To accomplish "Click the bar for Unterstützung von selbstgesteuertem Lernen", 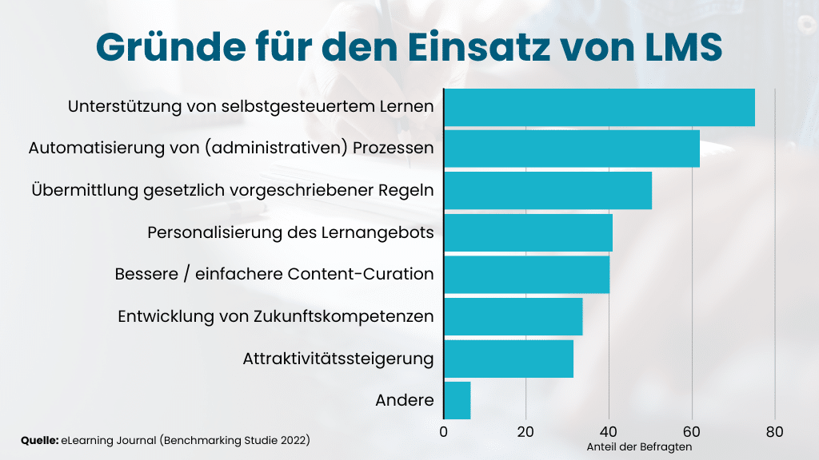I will (x=599, y=107).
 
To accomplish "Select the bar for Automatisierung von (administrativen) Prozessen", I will (x=572, y=149).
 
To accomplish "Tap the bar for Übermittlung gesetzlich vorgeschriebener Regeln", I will (x=548, y=190).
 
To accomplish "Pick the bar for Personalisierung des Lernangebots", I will (x=528, y=232).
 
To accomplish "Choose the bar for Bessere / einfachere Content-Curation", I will (x=526, y=274).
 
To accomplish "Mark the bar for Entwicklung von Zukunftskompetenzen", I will (x=513, y=316).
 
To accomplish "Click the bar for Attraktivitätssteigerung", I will (x=509, y=359).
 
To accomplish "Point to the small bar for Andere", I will (x=457, y=400).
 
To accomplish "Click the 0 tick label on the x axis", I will (x=444, y=432).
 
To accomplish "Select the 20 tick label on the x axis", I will (x=525, y=432).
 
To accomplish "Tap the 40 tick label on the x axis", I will (x=609, y=432).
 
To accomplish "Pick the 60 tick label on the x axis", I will (x=692, y=432).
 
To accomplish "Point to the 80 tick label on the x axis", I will (x=774, y=432).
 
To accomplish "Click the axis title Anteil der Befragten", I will (x=639, y=447).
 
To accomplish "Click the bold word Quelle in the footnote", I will (x=38, y=440).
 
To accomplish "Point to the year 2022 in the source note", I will (x=292, y=440).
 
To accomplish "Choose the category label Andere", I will (x=404, y=401).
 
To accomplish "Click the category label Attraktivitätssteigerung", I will (x=338, y=359).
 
